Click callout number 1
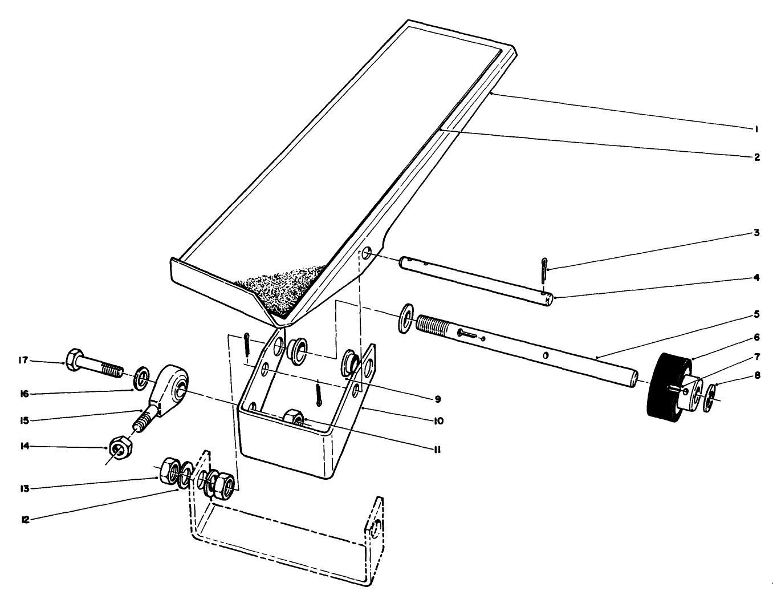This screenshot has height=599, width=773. pos(756,129)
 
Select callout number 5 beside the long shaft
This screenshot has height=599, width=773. pos(756,314)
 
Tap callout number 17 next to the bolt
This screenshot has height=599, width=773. pos(23,360)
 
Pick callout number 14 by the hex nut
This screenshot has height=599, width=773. pos(23,447)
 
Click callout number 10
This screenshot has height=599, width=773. pos(437,421)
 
